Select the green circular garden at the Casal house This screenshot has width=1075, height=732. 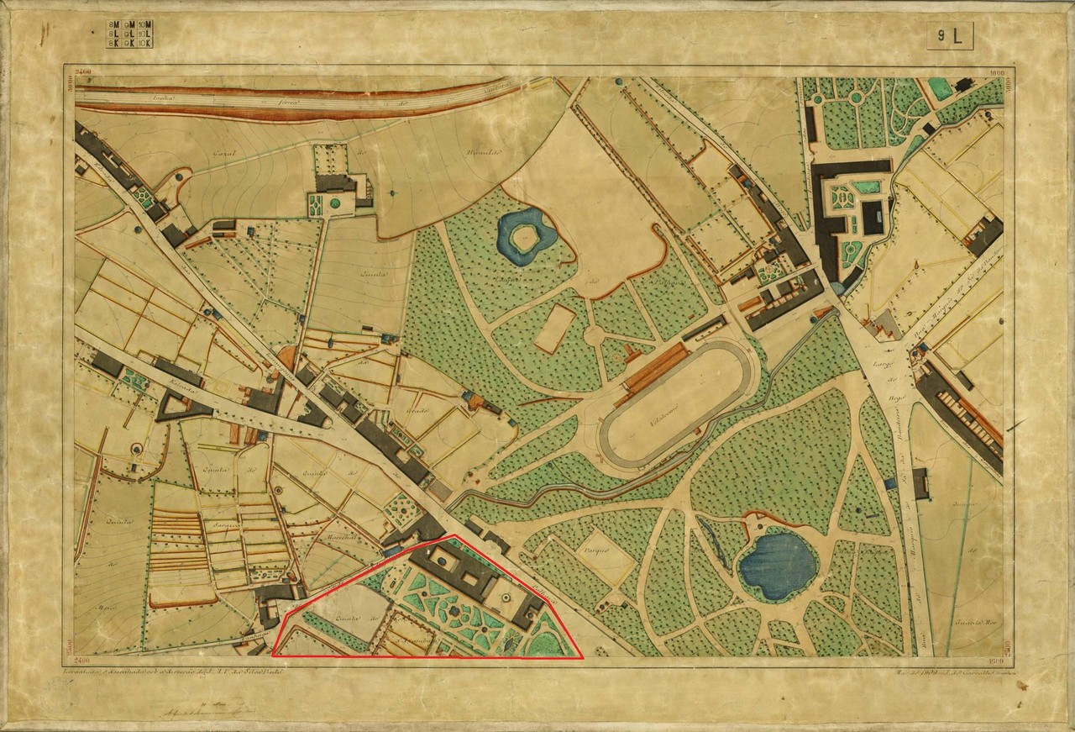click(335, 203)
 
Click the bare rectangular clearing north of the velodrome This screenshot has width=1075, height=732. click(554, 329)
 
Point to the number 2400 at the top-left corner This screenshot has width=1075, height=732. click(82, 74)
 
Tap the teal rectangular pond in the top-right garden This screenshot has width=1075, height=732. click(941, 87)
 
